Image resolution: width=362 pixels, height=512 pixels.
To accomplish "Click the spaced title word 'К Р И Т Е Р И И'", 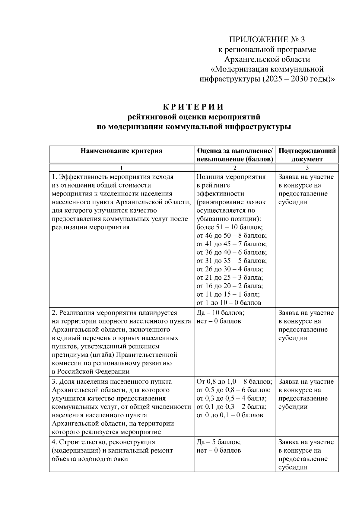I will (x=193, y=107).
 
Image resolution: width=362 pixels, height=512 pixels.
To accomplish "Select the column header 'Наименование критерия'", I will (x=121, y=151).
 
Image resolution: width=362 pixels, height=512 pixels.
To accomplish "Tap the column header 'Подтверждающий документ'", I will (x=307, y=155).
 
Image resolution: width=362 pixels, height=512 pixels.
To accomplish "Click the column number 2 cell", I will (x=235, y=168).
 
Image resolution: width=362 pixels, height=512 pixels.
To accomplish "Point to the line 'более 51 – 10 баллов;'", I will (x=230, y=227).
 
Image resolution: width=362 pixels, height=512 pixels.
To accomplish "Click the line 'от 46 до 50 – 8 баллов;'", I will (x=231, y=236).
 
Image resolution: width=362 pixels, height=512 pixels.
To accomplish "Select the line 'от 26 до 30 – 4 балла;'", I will (x=230, y=269).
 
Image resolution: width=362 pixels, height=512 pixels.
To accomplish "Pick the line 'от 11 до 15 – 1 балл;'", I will (x=228, y=294).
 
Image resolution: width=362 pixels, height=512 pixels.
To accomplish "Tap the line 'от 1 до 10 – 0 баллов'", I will (x=229, y=303).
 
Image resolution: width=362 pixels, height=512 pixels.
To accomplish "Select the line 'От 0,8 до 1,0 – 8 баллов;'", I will (x=234, y=382).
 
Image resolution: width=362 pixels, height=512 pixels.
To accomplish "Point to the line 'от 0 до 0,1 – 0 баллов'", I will (x=230, y=415).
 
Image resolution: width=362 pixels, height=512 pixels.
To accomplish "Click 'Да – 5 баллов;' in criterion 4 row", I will (x=218, y=442).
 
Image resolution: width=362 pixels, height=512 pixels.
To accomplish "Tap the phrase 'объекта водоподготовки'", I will (x=90, y=459).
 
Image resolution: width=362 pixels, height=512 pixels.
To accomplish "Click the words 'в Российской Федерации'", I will (x=91, y=372).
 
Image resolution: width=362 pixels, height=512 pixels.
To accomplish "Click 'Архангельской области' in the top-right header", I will (x=267, y=59).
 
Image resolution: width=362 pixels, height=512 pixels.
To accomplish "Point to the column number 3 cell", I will (x=307, y=168).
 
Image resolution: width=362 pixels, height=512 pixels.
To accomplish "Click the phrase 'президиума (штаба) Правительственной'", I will (x=114, y=355).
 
